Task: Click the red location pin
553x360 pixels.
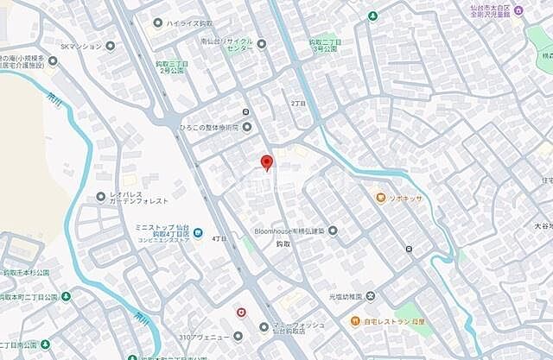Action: click(x=267, y=161)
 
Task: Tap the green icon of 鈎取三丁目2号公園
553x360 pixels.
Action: click(x=184, y=58)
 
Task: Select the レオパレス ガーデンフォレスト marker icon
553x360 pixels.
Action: click(x=101, y=197)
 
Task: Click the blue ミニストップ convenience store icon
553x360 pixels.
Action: click(x=198, y=233)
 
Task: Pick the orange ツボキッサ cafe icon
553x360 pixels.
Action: click(x=380, y=198)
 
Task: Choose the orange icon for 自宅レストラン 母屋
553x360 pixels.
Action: click(x=354, y=321)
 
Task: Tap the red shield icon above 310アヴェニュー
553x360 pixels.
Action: click(x=241, y=312)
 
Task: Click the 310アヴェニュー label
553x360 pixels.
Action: click(x=205, y=335)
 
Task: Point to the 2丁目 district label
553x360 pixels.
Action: click(x=300, y=103)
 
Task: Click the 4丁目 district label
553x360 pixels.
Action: click(x=219, y=238)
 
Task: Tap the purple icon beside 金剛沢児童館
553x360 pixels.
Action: click(x=518, y=10)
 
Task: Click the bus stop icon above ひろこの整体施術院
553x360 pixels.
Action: click(x=246, y=112)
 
